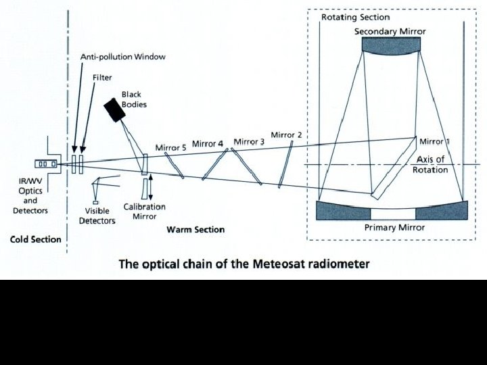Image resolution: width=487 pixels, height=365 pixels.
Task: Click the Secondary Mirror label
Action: tap(391, 32)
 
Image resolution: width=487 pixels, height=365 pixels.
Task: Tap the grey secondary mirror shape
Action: tap(391, 45)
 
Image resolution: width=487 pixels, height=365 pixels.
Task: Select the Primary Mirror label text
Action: tap(394, 228)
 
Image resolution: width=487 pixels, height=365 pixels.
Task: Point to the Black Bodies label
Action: tap(133, 99)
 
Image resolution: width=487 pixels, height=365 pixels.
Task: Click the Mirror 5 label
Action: tap(170, 147)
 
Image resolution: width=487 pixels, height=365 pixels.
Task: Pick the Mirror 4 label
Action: tap(207, 144)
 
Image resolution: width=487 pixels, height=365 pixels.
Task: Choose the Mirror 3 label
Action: tap(249, 142)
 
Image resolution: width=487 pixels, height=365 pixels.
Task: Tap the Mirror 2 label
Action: tap(287, 135)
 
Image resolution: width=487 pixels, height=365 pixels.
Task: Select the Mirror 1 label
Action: tap(434, 141)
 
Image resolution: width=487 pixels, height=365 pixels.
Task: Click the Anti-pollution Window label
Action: tap(123, 57)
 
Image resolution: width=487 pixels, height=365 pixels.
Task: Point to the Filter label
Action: tap(102, 78)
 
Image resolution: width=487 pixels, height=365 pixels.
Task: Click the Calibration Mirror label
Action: tap(143, 212)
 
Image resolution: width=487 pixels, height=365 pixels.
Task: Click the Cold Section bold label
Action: tap(35, 239)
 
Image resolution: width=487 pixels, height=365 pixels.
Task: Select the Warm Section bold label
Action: tap(195, 230)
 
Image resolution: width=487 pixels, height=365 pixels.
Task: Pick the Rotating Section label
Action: tap(355, 17)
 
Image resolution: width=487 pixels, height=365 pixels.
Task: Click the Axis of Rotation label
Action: tap(430, 164)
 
